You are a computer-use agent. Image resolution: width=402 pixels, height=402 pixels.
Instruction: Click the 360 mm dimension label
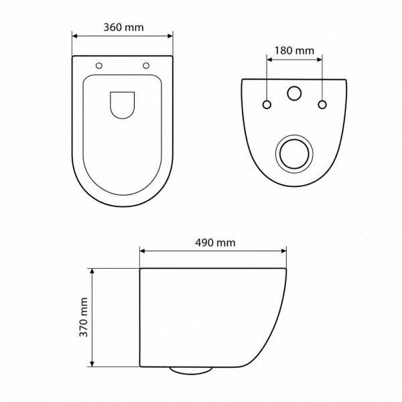[123, 27]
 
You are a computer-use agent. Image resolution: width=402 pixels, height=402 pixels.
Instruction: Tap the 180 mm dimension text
[294, 50]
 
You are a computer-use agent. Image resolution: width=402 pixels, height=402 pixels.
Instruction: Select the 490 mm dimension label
[215, 243]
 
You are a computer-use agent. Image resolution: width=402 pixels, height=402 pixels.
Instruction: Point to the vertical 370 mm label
[84, 318]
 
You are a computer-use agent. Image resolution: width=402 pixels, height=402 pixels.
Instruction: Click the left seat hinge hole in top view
[99, 66]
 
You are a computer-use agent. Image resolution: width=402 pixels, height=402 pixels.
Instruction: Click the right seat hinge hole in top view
[146, 66]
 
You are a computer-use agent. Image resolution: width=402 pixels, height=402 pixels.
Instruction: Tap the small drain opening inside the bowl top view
[123, 105]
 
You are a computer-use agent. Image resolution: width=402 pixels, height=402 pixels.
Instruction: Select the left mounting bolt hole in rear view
[267, 105]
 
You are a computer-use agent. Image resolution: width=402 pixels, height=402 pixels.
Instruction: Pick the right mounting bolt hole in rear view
[322, 105]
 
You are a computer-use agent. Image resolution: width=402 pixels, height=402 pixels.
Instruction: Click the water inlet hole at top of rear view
[294, 93]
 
